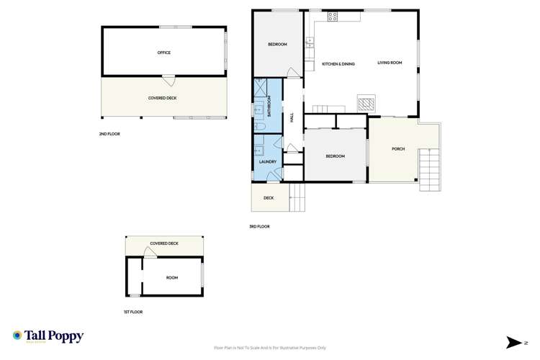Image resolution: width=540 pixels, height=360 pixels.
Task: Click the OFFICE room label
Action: [164, 53]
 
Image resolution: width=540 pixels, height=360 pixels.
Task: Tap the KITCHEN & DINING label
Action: [338, 64]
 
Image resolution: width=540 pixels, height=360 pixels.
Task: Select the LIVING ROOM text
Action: [390, 63]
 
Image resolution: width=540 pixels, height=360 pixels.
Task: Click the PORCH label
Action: [398, 149]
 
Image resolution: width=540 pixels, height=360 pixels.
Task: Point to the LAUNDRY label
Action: [268, 161]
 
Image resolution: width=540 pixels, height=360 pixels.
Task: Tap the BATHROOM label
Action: [270, 106]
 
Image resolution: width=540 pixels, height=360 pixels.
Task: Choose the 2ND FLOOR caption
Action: [110, 135]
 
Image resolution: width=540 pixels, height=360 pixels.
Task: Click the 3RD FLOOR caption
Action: [259, 227]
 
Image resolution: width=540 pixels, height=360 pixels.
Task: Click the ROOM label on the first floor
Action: [172, 277]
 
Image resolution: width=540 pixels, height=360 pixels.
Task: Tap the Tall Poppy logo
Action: [48, 336]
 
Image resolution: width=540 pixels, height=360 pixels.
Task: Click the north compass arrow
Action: [513, 341]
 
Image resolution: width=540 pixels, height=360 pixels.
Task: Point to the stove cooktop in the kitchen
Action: [333, 16]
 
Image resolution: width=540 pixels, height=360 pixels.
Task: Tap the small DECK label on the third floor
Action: [269, 198]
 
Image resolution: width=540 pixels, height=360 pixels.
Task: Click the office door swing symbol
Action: [168, 80]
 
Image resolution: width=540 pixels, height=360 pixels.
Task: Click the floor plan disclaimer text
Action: [269, 347]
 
